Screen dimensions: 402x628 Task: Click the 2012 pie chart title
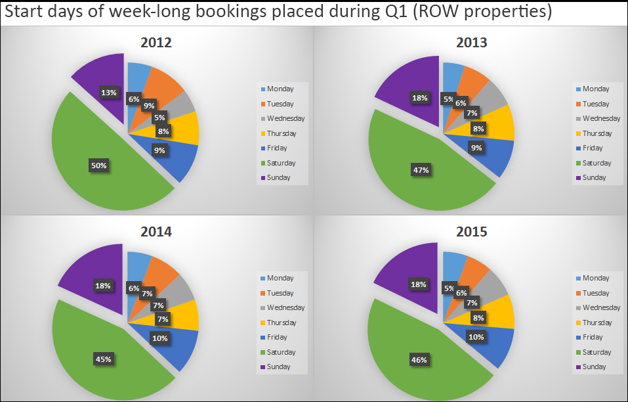[156, 43]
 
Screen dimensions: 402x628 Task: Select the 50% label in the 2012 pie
[98, 166]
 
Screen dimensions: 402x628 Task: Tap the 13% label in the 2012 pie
[109, 93]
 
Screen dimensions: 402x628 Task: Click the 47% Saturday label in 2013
[421, 170]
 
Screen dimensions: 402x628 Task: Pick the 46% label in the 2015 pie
[419, 359]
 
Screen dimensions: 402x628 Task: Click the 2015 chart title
[471, 233]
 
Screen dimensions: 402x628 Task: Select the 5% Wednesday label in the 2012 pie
[159, 118]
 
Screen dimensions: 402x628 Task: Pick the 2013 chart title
[471, 43]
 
